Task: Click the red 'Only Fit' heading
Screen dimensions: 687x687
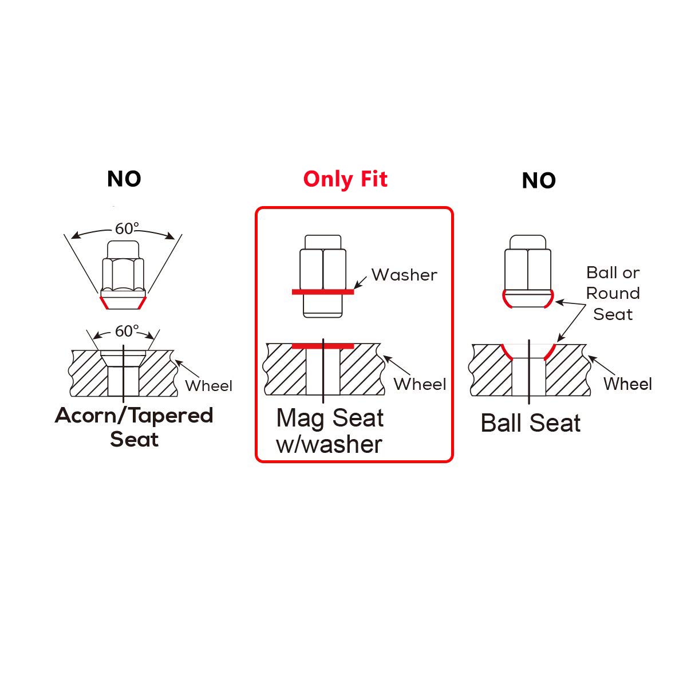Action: (x=345, y=179)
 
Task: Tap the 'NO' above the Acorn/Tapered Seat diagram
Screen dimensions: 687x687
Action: (x=124, y=179)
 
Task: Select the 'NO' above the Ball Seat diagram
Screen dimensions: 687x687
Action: (x=539, y=181)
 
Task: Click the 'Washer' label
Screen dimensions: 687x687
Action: (x=404, y=275)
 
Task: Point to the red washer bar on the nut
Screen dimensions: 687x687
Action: (x=323, y=292)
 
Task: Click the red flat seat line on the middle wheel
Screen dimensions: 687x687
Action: (x=323, y=346)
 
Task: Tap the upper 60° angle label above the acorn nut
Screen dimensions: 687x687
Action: (x=127, y=228)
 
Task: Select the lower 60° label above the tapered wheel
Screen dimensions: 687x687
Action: (x=127, y=331)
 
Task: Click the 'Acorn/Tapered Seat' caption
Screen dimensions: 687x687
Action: (x=134, y=427)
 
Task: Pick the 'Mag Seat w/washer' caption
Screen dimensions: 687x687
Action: (x=330, y=432)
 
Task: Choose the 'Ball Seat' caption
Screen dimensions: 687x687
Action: (x=531, y=423)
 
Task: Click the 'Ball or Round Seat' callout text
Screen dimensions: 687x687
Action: (x=613, y=294)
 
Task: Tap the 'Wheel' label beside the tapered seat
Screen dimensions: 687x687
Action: (x=208, y=386)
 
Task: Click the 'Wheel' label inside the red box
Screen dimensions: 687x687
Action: (x=420, y=384)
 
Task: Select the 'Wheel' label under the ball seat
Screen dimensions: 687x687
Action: (x=628, y=384)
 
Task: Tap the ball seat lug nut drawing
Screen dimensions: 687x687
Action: (x=528, y=271)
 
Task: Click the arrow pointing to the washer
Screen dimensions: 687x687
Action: (x=360, y=282)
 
